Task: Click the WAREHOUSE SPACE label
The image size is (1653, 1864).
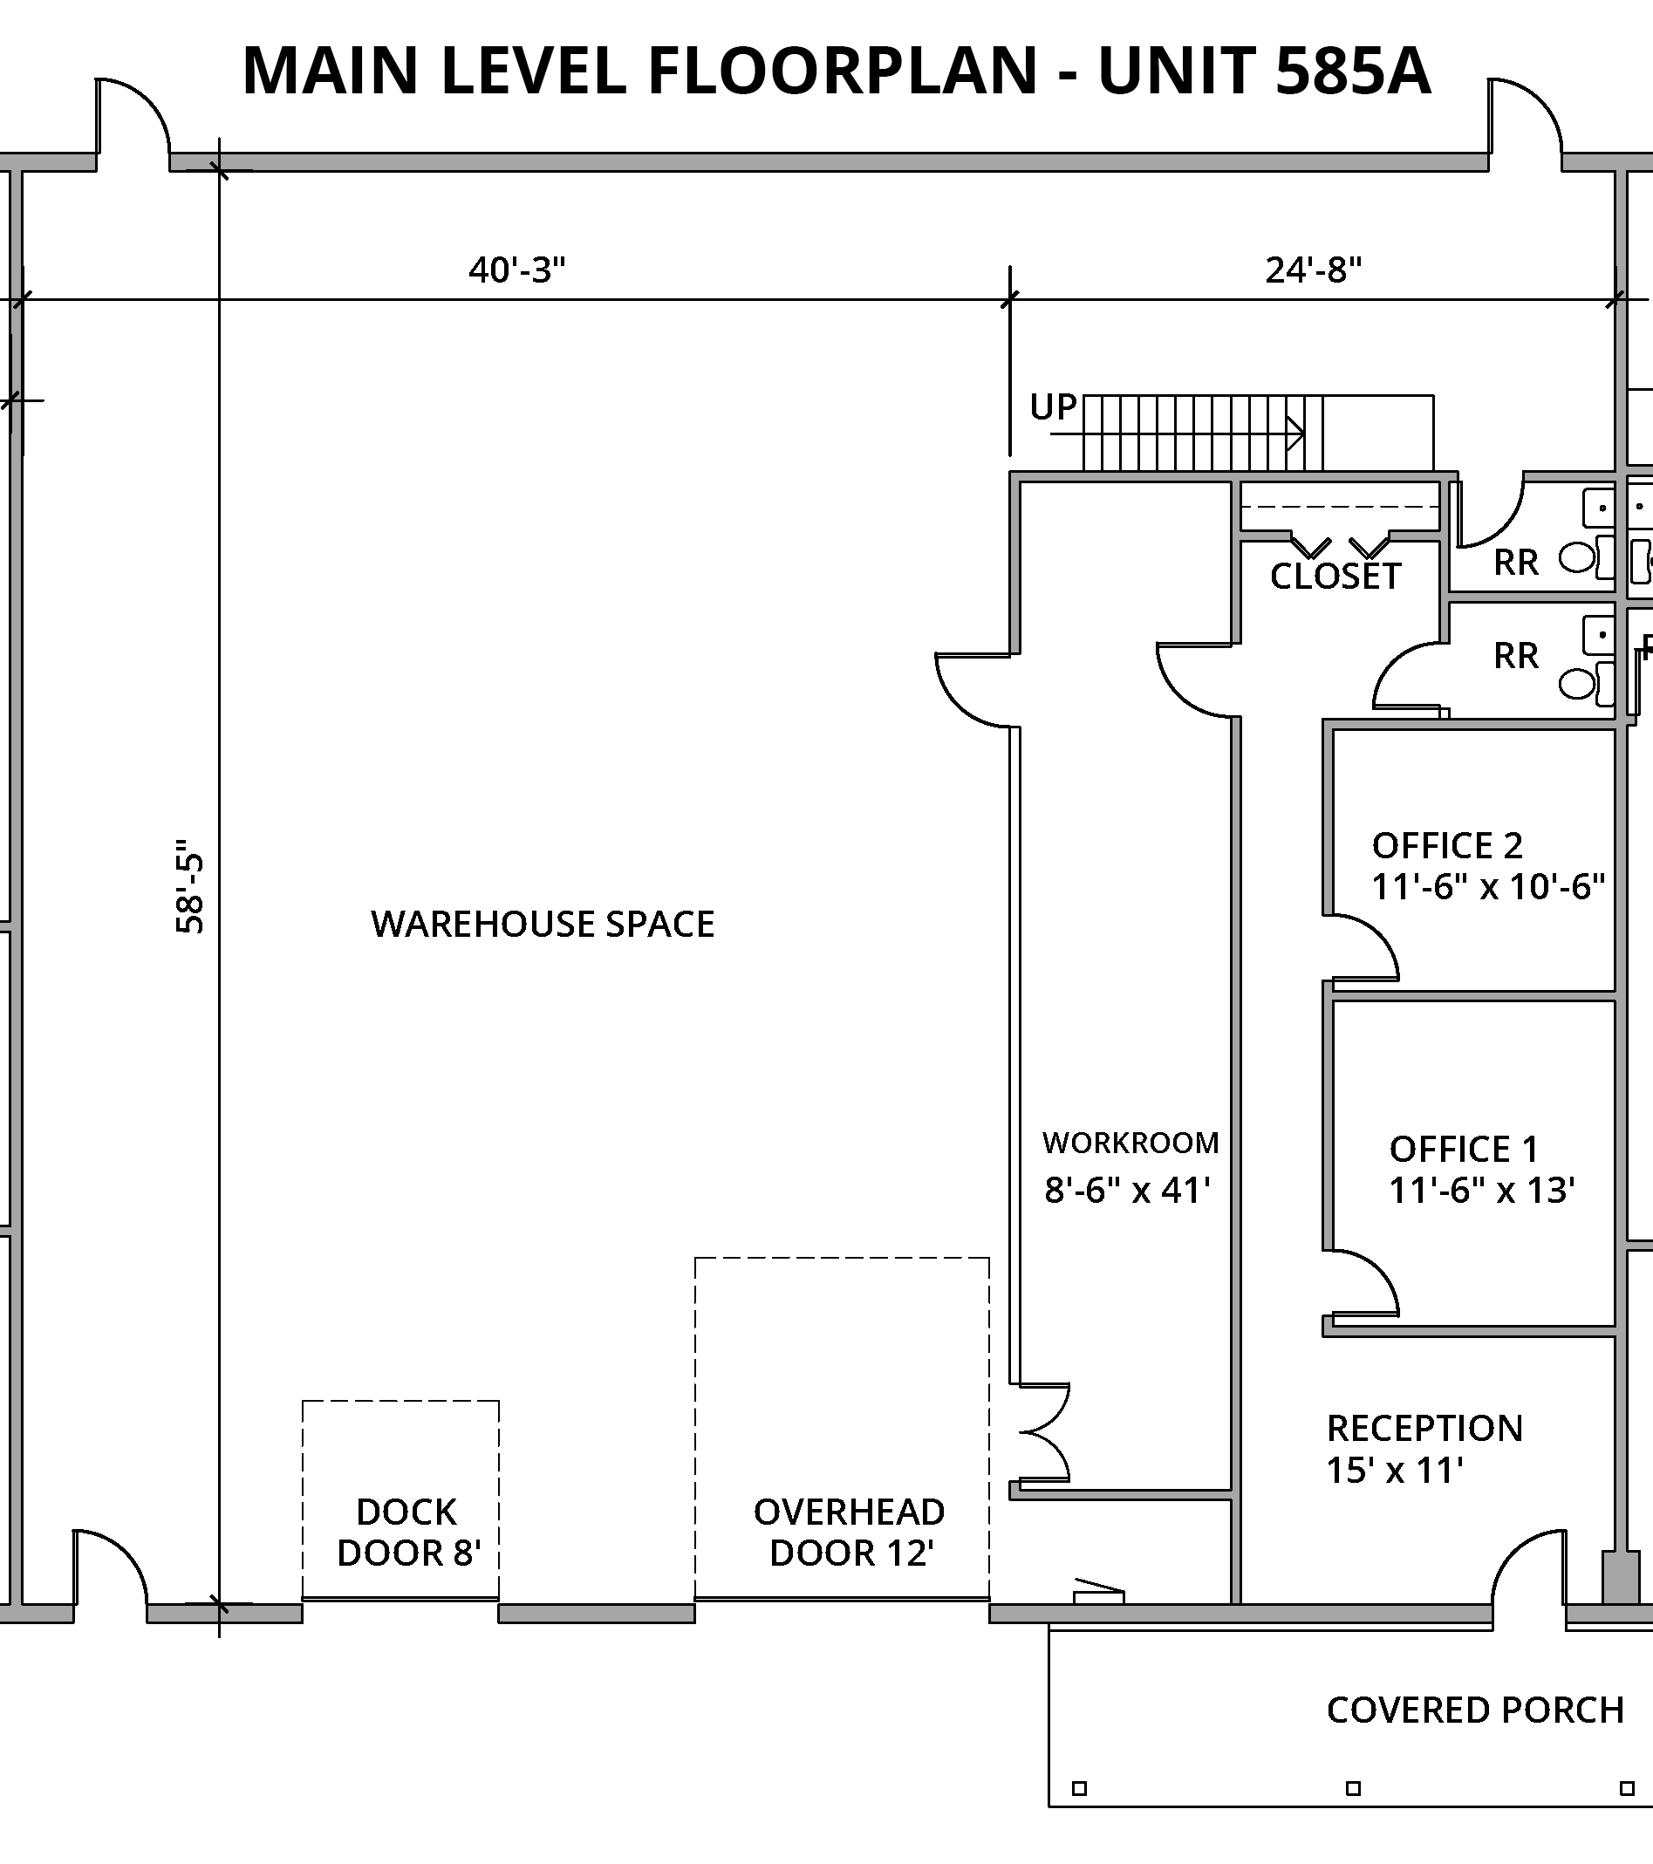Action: click(543, 925)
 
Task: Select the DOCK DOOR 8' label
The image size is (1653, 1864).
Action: click(407, 1532)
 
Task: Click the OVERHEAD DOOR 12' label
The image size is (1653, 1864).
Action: click(849, 1532)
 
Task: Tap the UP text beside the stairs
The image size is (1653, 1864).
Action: click(1053, 406)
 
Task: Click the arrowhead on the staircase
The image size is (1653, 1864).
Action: click(1294, 434)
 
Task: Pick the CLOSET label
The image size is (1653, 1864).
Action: click(1335, 577)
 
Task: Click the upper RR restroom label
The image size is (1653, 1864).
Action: click(1516, 563)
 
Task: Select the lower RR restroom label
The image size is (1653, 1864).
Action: click(1516, 656)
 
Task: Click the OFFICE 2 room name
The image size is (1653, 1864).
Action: click(1447, 846)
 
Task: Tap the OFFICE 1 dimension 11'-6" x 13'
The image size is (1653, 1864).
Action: click(1481, 1190)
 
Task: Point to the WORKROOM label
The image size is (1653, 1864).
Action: click(1130, 1143)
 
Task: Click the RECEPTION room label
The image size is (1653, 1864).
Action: click(1424, 1428)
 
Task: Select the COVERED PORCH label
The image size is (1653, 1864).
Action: click(1475, 1710)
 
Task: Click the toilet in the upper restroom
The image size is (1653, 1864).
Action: click(1576, 558)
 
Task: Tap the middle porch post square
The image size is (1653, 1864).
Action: click(1353, 1788)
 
